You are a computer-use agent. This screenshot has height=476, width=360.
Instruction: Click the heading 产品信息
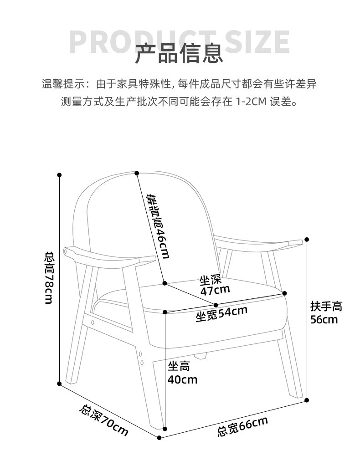179,53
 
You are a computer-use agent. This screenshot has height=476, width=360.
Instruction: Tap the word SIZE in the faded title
257,42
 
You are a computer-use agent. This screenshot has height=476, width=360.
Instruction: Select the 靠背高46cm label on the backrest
158,226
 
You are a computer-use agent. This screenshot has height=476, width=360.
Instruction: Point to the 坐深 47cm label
215,285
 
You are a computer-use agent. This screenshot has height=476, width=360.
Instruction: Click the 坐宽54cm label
221,313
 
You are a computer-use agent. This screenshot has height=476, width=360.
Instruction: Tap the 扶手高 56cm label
326,312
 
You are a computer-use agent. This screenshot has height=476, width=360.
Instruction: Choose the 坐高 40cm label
182,373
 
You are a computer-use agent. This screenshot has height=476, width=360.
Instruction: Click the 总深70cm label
103,420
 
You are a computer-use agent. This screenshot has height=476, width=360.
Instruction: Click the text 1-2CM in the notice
251,102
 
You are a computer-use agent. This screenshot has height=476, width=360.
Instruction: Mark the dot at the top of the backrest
137,173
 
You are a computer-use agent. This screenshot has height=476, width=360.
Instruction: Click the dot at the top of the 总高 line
59,174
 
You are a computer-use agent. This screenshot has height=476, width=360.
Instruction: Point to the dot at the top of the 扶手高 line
307,239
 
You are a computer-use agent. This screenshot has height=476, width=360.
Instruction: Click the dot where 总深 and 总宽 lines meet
159,438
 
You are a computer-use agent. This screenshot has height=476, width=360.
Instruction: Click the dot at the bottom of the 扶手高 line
307,400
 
